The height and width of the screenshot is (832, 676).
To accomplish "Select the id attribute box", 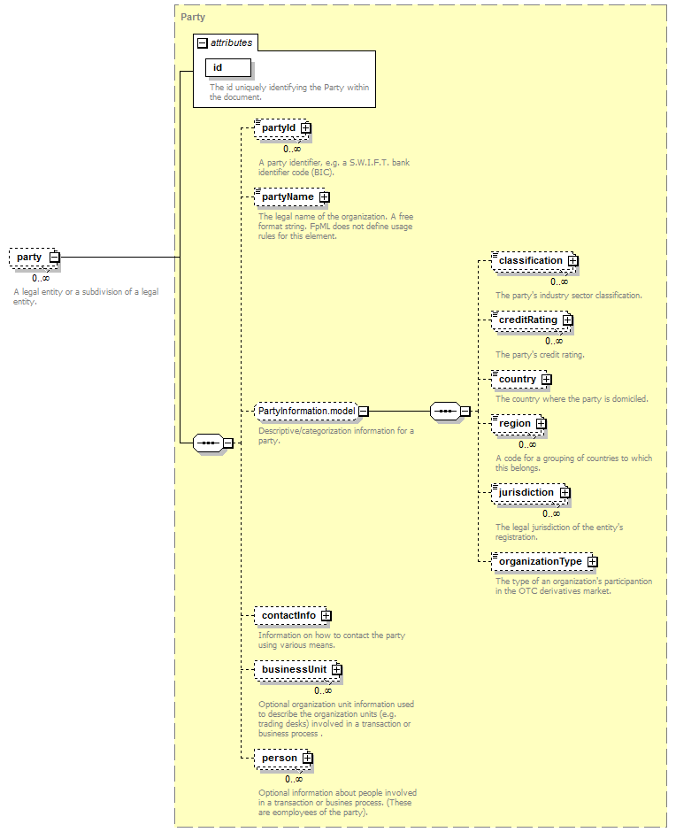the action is click(228, 67).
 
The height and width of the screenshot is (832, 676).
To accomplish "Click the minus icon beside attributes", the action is click(202, 43).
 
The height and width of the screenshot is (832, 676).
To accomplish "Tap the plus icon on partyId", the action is click(306, 127).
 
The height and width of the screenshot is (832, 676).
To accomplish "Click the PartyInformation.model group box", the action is click(311, 412).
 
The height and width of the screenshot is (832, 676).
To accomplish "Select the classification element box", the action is click(534, 260).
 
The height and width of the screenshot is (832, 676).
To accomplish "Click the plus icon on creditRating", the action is click(568, 320).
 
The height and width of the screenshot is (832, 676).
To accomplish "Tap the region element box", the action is click(519, 423).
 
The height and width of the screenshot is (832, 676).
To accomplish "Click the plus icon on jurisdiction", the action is click(565, 492).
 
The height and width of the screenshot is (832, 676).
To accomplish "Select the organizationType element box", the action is click(544, 561).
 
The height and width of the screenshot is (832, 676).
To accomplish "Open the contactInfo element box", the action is click(293, 615).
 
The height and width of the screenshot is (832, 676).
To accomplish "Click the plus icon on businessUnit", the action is click(337, 670).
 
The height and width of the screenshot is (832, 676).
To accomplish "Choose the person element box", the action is click(283, 759).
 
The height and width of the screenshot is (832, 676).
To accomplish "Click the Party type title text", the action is click(193, 17).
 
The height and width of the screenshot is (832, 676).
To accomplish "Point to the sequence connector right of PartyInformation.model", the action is click(450, 412).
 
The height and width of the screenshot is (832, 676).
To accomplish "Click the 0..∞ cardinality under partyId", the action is click(292, 149).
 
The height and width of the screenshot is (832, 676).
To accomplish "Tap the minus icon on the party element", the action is click(54, 258).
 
